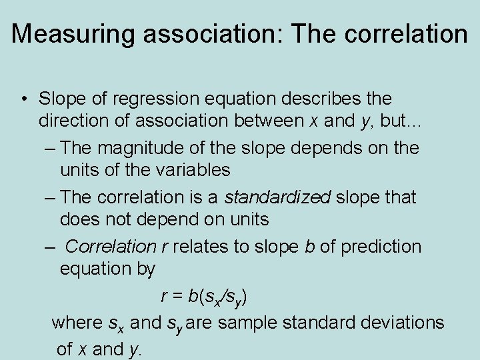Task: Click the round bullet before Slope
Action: [x=23, y=99]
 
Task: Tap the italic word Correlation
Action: [x=111, y=247]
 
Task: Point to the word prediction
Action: [x=381, y=247]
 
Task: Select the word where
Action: [x=77, y=323]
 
